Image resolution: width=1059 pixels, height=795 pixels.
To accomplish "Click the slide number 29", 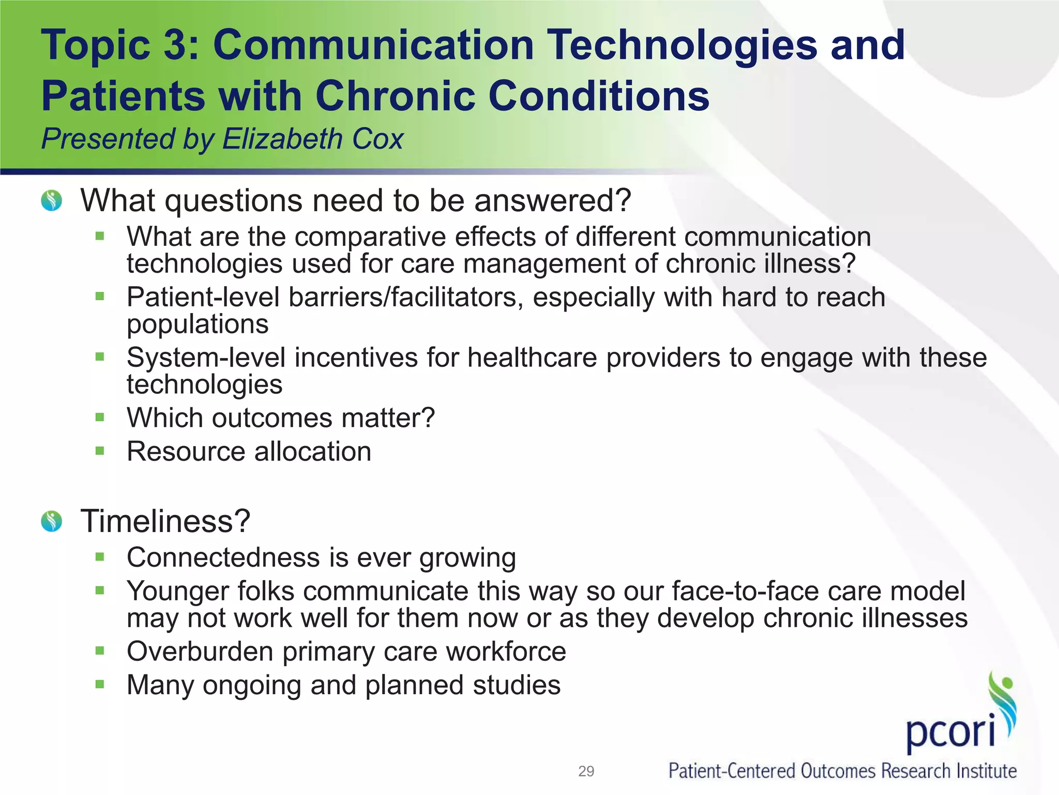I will point(586,771).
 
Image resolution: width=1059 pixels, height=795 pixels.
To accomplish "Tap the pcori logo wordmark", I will point(950,732).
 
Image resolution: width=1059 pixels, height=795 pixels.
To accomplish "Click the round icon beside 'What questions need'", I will point(52,200).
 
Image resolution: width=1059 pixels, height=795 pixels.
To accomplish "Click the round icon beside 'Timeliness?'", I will point(52,521).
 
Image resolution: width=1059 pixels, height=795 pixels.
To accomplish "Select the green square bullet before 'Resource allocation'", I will point(100,451).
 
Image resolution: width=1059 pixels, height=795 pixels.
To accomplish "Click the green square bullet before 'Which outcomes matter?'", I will point(100,417).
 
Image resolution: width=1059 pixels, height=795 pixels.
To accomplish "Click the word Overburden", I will point(200,651).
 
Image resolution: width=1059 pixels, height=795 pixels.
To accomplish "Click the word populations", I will point(198,325).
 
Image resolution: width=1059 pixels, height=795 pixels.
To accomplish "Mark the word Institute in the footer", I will point(986,771).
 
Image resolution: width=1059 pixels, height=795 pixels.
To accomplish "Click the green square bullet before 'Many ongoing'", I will point(100,685).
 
